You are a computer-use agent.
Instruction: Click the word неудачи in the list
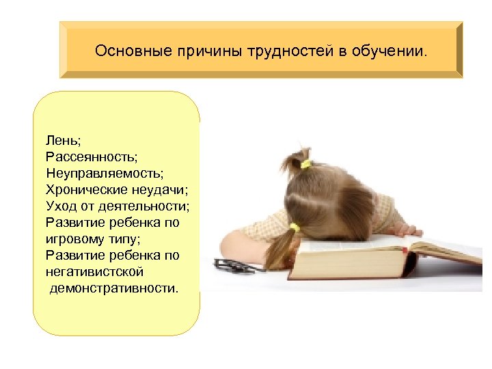point(158,189)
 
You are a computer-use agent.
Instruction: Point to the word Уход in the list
point(61,206)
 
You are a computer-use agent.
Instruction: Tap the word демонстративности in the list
point(113,288)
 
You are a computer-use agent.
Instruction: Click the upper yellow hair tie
point(305,164)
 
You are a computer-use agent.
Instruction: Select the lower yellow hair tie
point(295,227)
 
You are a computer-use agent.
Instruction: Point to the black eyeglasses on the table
point(236,265)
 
